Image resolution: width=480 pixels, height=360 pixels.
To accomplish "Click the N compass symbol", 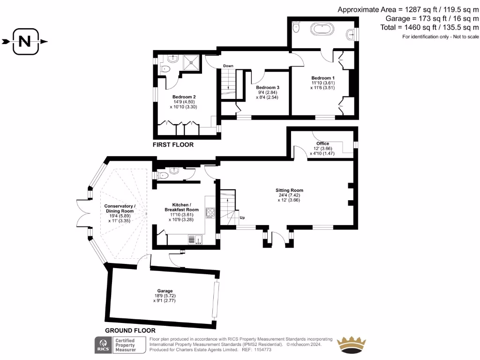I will [24, 42].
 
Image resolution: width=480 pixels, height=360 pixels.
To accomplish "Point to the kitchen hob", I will [210, 212].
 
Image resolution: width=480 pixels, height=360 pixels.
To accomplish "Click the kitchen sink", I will [193, 240].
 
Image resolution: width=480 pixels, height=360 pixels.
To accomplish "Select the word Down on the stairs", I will [228, 66].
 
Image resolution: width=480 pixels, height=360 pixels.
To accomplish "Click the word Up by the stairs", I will [242, 218].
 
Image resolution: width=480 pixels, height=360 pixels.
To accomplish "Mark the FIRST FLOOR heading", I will [173, 145].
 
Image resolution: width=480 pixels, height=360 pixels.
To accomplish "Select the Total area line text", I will [429, 28].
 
